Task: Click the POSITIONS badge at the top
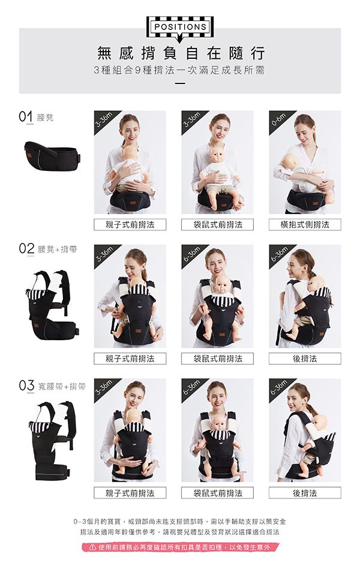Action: click(179, 27)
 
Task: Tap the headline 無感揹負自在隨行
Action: click(181, 53)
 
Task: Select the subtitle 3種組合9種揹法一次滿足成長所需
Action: click(179, 70)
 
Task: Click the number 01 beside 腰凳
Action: click(26, 117)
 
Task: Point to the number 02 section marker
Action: click(26, 249)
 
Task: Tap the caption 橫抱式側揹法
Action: click(305, 225)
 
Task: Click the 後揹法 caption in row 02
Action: click(305, 359)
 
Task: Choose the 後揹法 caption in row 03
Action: click(305, 493)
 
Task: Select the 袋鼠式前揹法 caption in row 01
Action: click(218, 225)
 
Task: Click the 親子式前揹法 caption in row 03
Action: click(130, 493)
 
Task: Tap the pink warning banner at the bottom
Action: click(180, 547)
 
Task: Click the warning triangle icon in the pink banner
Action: click(92, 547)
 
